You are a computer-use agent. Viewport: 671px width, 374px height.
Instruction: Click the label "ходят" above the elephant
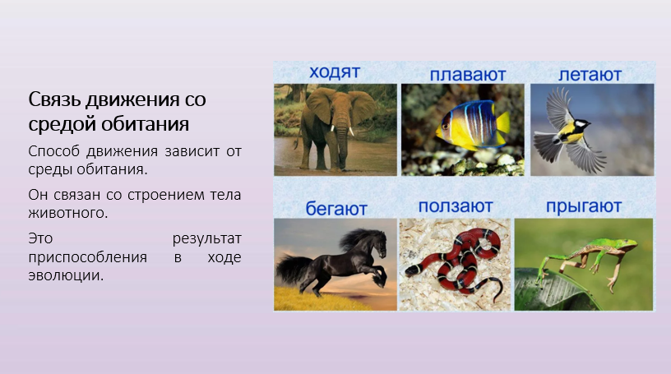335,72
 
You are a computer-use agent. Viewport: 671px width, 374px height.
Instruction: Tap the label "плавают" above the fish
468,75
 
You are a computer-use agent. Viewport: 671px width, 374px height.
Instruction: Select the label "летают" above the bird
590,75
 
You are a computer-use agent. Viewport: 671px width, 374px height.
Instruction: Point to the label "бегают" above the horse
336,209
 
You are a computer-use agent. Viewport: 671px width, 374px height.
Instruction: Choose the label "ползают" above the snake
456,206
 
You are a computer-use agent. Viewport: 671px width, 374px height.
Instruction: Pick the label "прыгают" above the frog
584,206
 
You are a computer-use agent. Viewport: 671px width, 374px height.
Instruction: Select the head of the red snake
411,270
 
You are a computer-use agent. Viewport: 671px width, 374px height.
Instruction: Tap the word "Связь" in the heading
54,99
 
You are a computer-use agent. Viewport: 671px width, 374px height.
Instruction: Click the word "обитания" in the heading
145,124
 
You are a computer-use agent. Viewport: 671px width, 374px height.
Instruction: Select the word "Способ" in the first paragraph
54,151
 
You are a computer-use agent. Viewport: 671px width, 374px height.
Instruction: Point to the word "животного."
68,213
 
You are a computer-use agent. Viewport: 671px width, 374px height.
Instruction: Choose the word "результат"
207,238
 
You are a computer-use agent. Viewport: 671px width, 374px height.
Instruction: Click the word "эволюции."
66,275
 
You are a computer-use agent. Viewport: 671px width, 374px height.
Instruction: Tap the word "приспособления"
88,257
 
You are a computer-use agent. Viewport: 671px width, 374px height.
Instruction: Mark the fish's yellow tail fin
502,122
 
